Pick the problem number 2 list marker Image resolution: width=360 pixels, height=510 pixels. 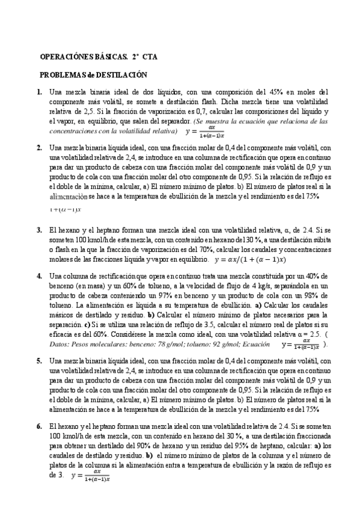[x=40, y=147]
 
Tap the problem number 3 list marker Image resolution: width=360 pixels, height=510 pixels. [x=40, y=230]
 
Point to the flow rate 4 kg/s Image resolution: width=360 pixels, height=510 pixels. [x=248, y=286]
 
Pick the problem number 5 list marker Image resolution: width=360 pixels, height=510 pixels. [x=40, y=361]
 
